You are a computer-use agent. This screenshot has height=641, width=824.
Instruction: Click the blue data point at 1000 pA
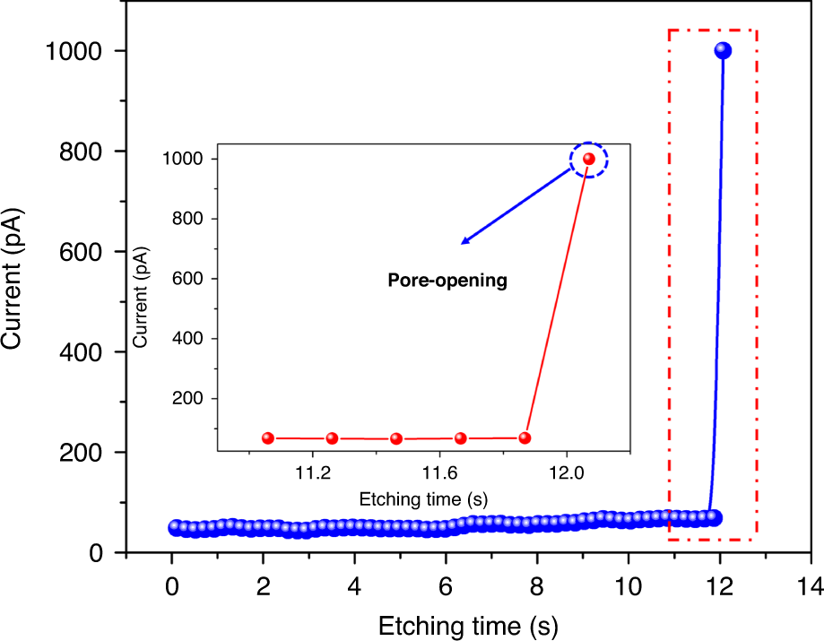point(722,51)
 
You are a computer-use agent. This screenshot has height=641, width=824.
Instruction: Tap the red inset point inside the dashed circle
point(589,159)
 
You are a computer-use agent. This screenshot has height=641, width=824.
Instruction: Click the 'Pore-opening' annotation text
point(447,281)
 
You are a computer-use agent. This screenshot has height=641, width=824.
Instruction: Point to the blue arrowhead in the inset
point(465,240)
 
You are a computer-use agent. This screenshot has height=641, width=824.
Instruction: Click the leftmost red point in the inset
point(268,437)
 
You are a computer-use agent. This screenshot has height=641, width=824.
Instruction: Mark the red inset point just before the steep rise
point(525,437)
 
